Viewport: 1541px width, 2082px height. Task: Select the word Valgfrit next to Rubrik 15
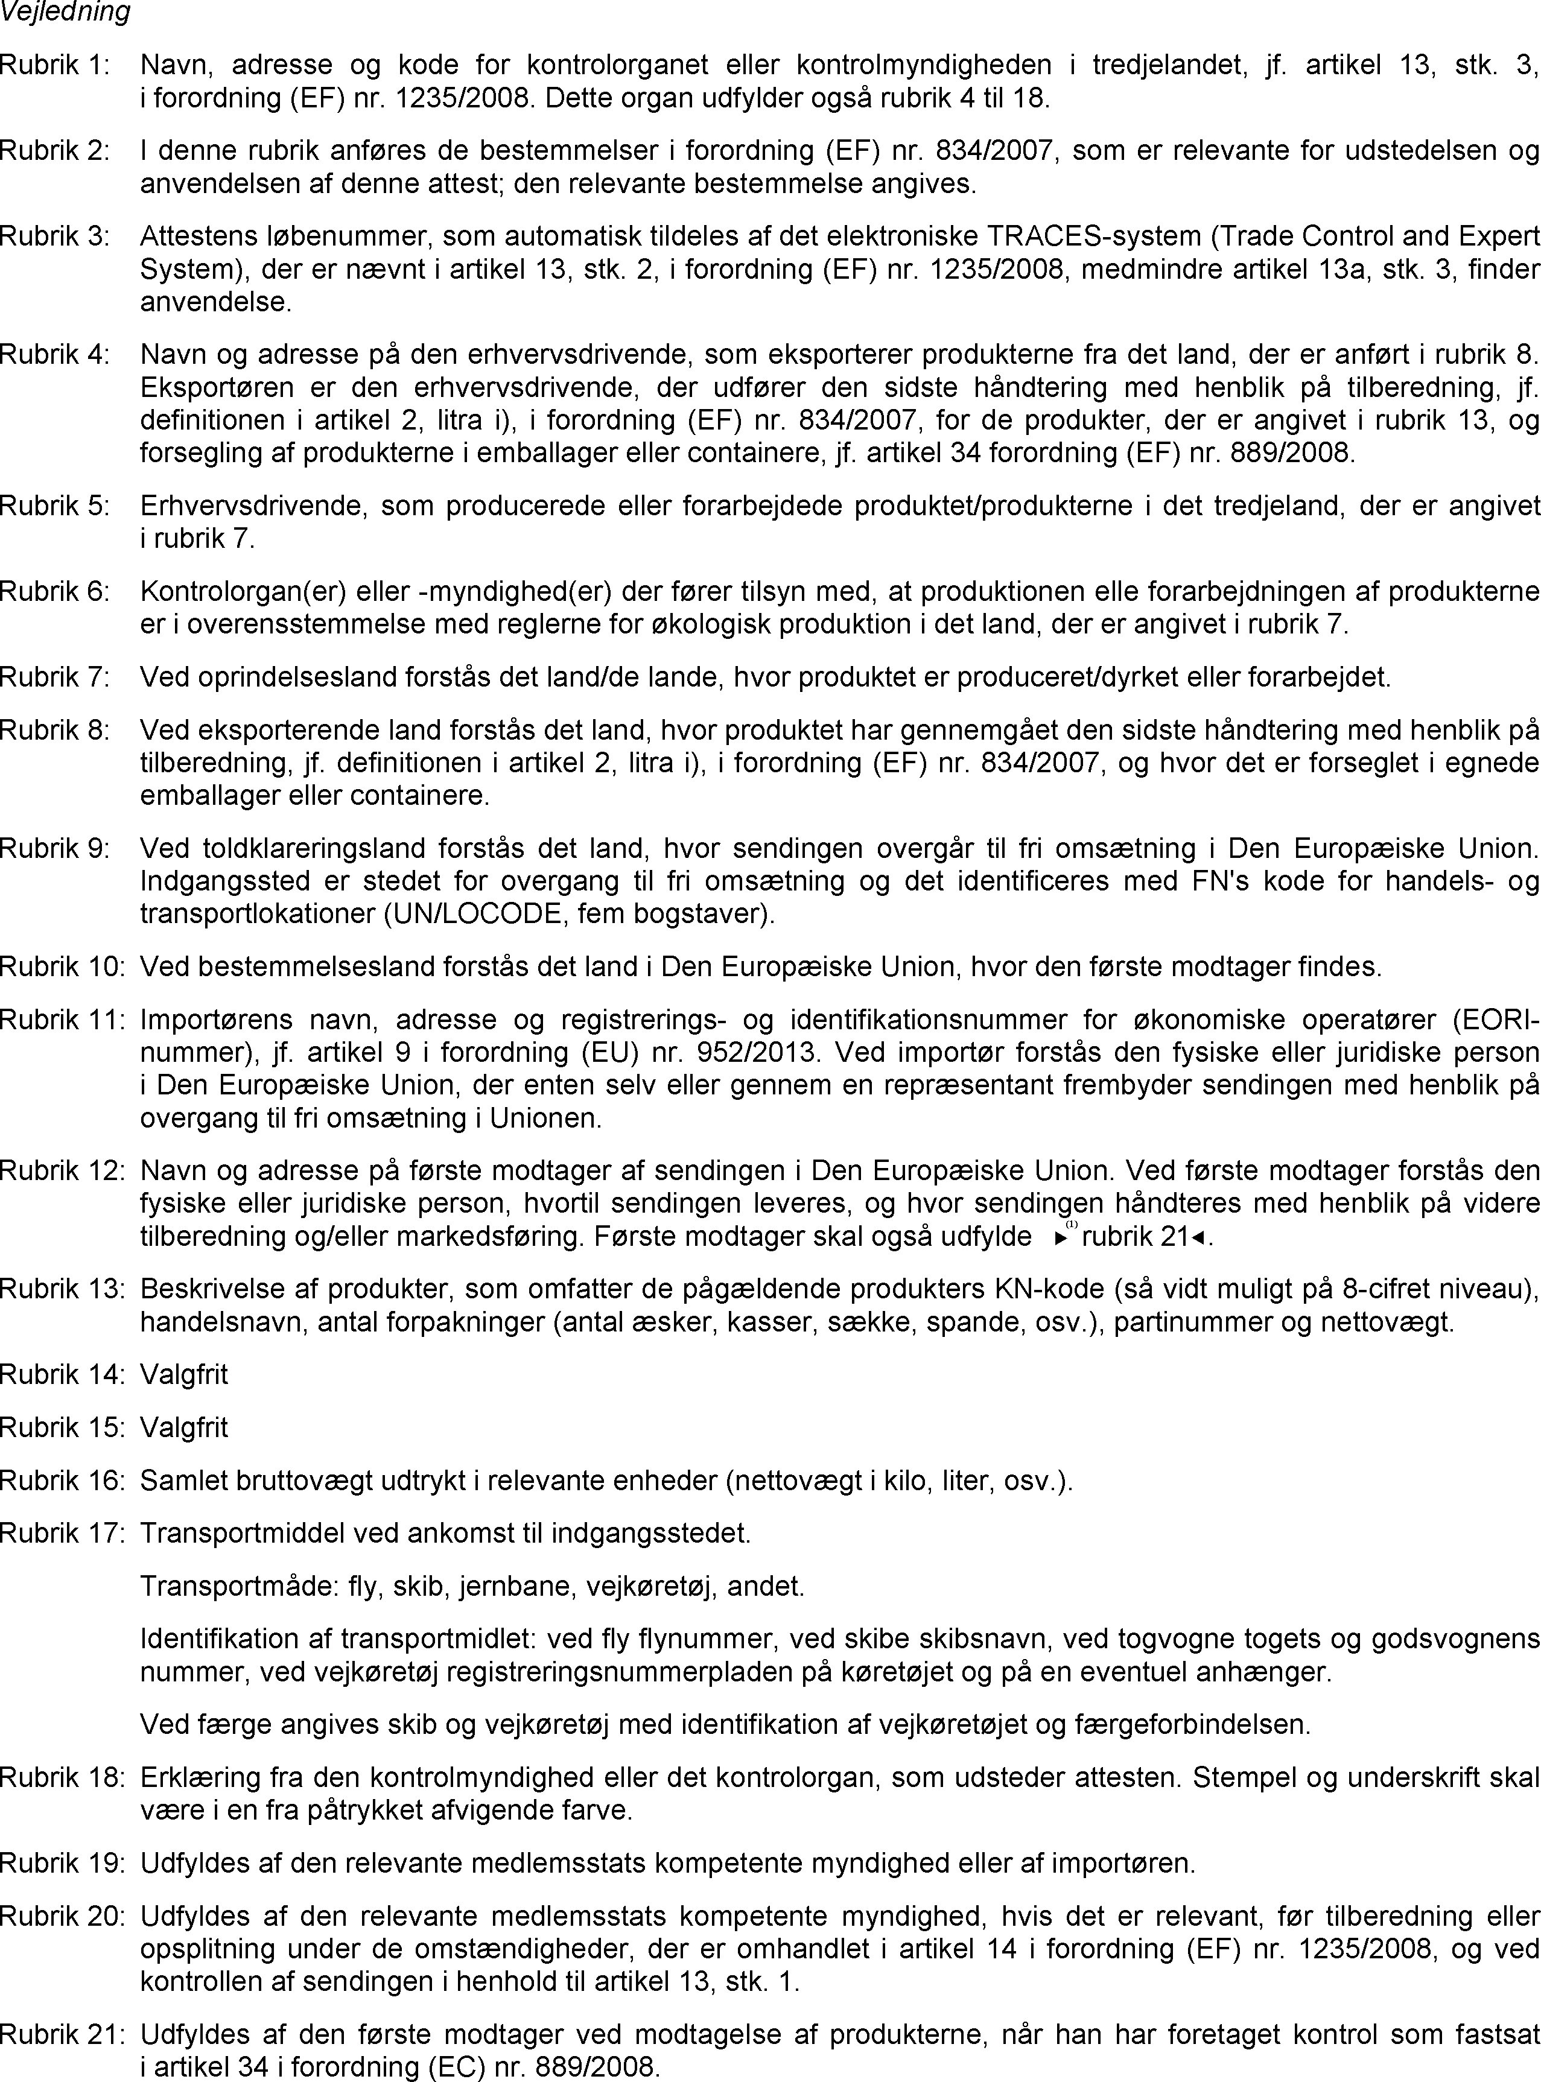(x=184, y=1427)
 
